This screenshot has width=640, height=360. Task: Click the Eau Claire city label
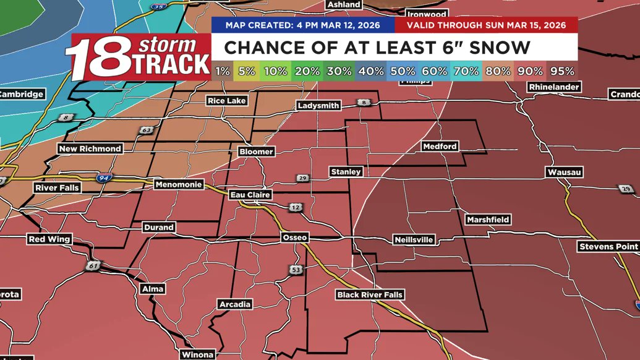(250, 195)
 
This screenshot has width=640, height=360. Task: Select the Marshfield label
(488, 220)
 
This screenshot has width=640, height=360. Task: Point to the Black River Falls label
(370, 294)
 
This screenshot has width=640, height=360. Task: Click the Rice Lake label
(226, 100)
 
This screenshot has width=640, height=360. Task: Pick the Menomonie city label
(179, 184)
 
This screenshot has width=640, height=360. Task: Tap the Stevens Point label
(608, 247)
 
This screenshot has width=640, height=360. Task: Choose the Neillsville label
(414, 239)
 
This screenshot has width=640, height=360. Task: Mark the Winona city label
(197, 354)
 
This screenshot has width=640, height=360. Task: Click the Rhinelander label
(554, 87)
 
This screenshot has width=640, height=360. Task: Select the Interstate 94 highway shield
(104, 178)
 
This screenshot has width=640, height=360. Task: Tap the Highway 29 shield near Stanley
(301, 178)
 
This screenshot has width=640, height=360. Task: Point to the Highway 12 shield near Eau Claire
(294, 207)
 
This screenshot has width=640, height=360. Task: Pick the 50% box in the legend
(403, 71)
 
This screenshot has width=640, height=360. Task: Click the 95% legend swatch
(563, 71)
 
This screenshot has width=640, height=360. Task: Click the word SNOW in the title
(500, 48)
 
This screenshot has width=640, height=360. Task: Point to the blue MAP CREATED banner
(302, 25)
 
